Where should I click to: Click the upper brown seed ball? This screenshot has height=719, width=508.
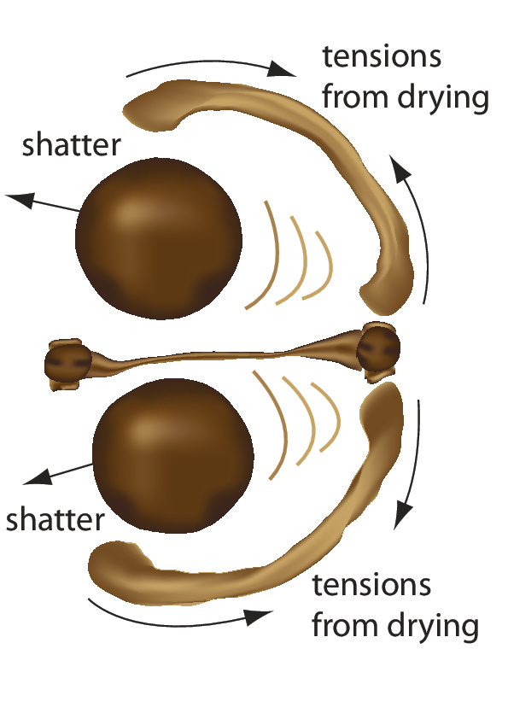[159, 238]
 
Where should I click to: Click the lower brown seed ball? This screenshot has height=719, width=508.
[172, 456]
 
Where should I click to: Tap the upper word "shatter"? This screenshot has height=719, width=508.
[71, 145]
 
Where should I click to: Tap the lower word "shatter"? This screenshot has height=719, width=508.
[55, 519]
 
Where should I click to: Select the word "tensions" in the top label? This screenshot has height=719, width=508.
[382, 56]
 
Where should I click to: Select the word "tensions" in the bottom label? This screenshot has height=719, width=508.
[371, 585]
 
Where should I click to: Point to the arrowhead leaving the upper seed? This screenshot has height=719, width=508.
[20, 199]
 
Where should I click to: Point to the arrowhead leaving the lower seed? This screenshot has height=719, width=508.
[37, 476]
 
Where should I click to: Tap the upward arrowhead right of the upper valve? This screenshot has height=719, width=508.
[399, 169]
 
